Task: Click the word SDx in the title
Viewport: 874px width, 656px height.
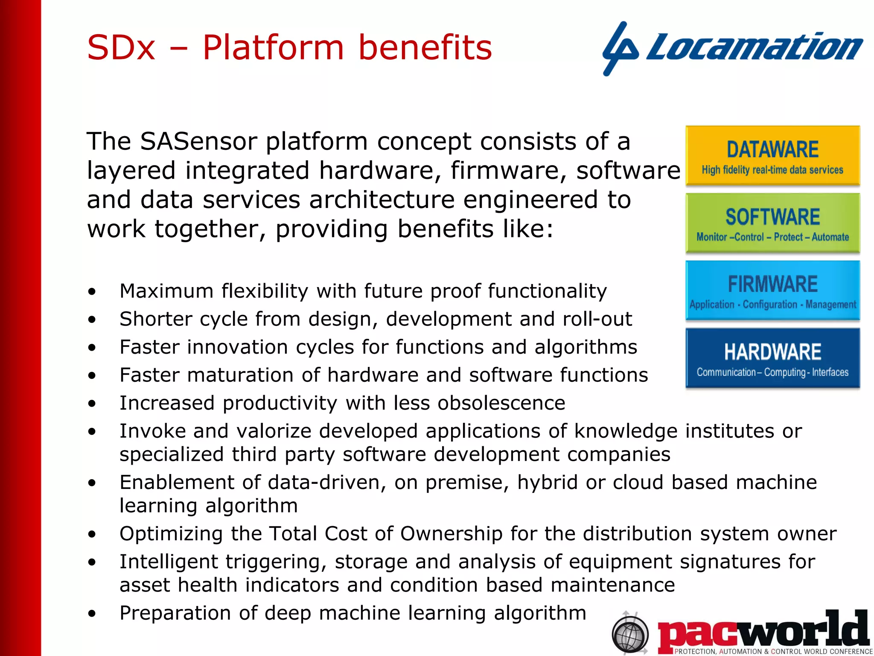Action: pyautogui.click(x=121, y=47)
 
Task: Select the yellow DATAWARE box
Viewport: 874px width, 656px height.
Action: pyautogui.click(x=772, y=155)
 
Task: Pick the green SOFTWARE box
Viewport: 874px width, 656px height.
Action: pyautogui.click(x=772, y=223)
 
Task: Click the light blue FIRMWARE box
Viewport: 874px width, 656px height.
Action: pyautogui.click(x=772, y=290)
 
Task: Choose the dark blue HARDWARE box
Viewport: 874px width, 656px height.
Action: pyautogui.click(x=772, y=358)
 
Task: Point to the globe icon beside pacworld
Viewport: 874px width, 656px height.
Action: pyautogui.click(x=630, y=634)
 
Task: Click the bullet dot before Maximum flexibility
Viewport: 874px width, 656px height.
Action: pyautogui.click(x=92, y=292)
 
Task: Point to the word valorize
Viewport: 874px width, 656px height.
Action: pyautogui.click(x=274, y=431)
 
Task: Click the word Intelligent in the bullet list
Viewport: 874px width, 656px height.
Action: pyautogui.click(x=169, y=562)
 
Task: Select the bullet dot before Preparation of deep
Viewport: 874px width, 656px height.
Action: pyautogui.click(x=92, y=614)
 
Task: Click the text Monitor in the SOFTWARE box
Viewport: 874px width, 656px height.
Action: pyautogui.click(x=711, y=237)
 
